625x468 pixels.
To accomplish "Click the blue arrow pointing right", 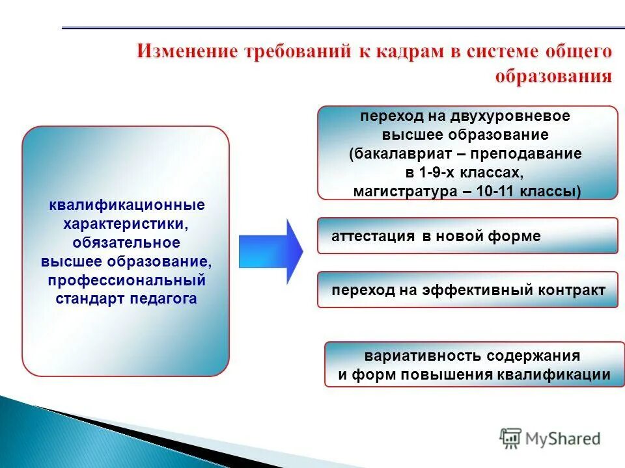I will click(x=272, y=251).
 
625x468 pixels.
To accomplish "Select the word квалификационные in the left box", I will click(x=127, y=205).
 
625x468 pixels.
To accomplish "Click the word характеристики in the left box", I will click(x=127, y=224).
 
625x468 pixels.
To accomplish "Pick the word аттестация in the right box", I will click(x=373, y=237).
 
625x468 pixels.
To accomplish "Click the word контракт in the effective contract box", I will click(x=572, y=291).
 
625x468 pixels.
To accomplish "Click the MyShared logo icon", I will click(x=511, y=439).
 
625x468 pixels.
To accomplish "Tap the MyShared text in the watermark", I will click(x=563, y=439).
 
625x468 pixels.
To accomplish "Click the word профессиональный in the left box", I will click(x=127, y=281).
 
